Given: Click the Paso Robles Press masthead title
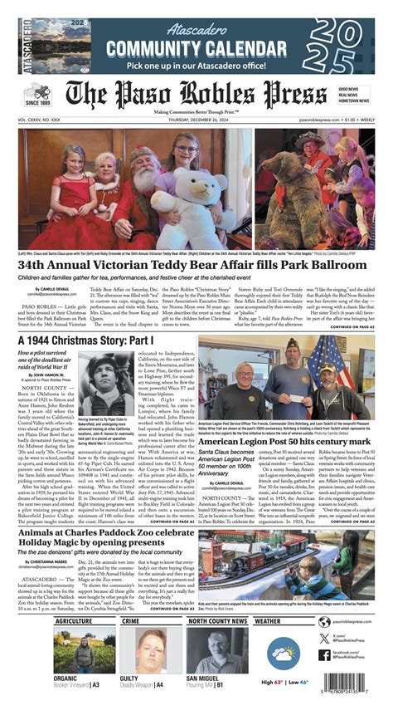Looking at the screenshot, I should click(196, 95).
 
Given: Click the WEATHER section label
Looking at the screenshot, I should click(268, 620).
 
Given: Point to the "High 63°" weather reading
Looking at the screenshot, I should click(272, 682).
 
